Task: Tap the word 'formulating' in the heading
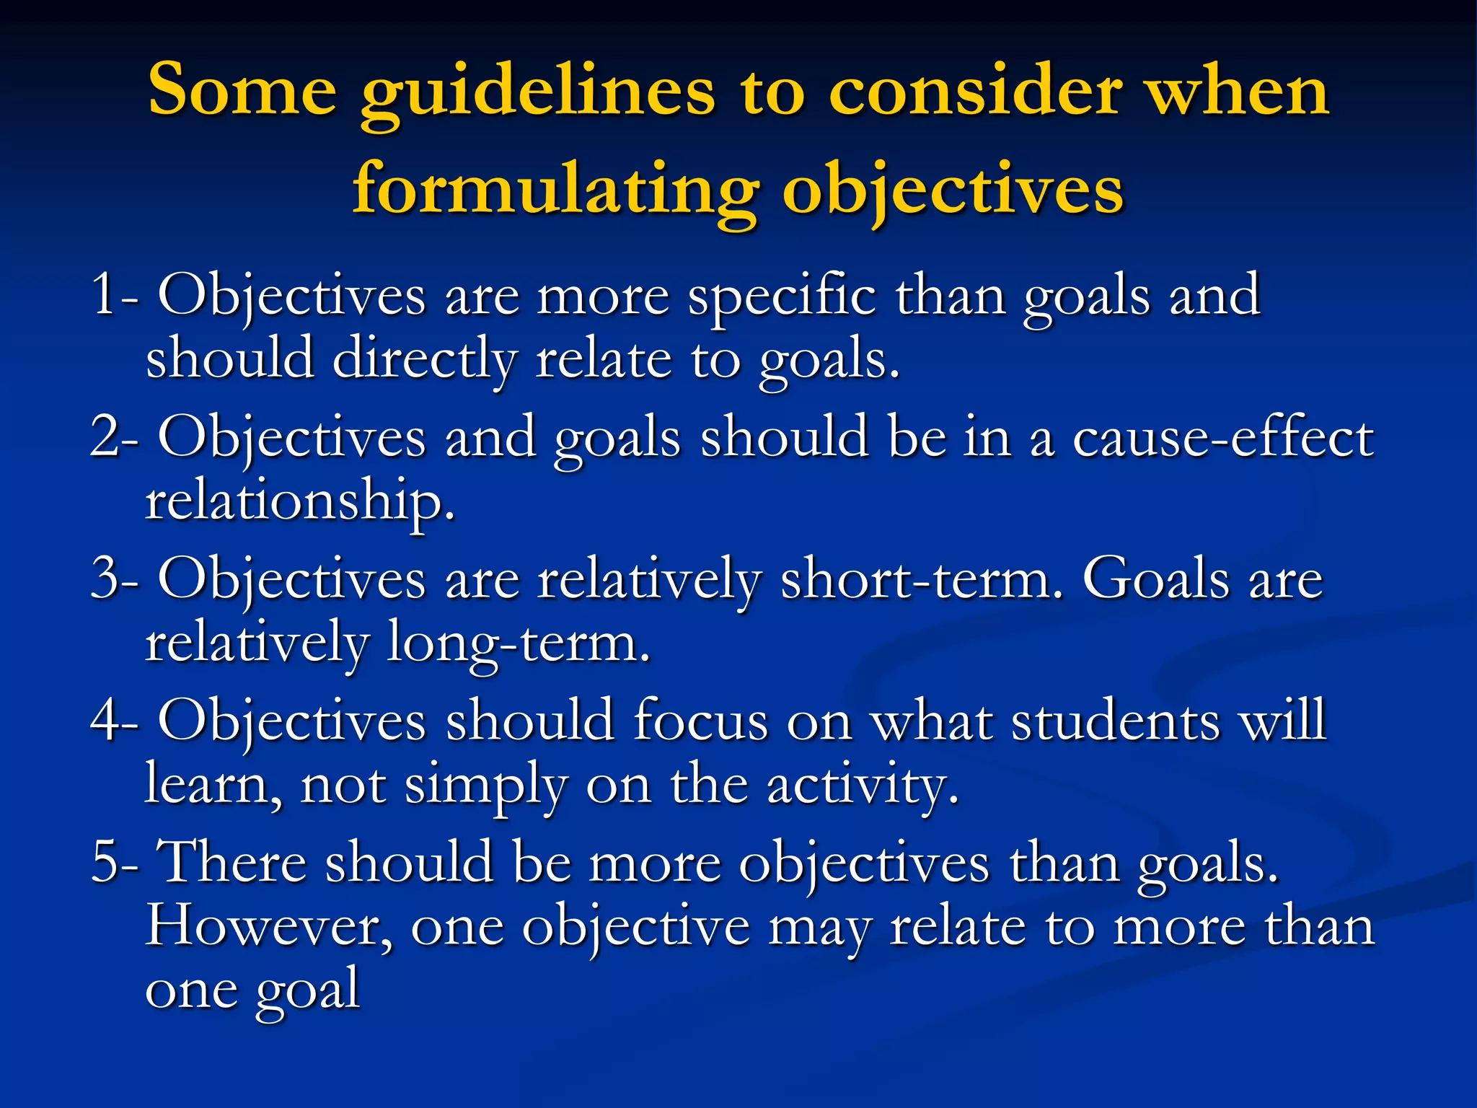[x=555, y=189]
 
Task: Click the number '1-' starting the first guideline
[x=114, y=295]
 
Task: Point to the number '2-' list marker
[x=114, y=436]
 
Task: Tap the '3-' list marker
[x=114, y=579]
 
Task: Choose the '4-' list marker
[x=114, y=720]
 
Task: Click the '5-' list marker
[x=114, y=861]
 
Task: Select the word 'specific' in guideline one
[x=782, y=296]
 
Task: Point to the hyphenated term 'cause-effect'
[x=1222, y=437]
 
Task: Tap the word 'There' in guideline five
[x=232, y=861]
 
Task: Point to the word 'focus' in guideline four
[x=700, y=721]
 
